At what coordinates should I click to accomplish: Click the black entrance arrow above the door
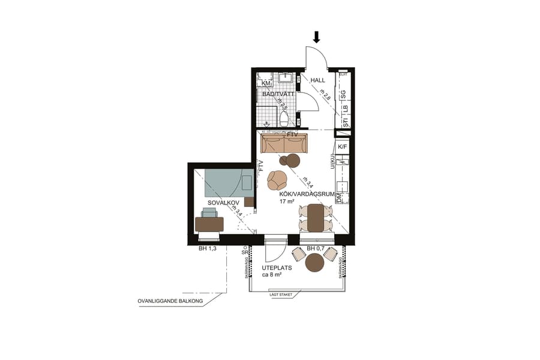tap(317, 37)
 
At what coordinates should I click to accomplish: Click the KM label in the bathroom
tap(266, 83)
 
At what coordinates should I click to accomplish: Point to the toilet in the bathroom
tap(284, 118)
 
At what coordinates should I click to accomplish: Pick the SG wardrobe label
tap(344, 95)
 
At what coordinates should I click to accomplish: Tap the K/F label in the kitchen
tap(343, 147)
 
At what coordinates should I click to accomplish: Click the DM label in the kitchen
tap(340, 197)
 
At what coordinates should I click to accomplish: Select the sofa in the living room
tap(284, 144)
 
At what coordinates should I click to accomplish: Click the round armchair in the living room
tap(277, 179)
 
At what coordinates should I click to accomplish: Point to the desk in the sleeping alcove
tap(209, 224)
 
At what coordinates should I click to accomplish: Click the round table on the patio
tap(315, 263)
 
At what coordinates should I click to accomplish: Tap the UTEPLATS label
tap(277, 268)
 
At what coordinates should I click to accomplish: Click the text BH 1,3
tap(207, 248)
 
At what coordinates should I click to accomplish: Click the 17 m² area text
tap(287, 202)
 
